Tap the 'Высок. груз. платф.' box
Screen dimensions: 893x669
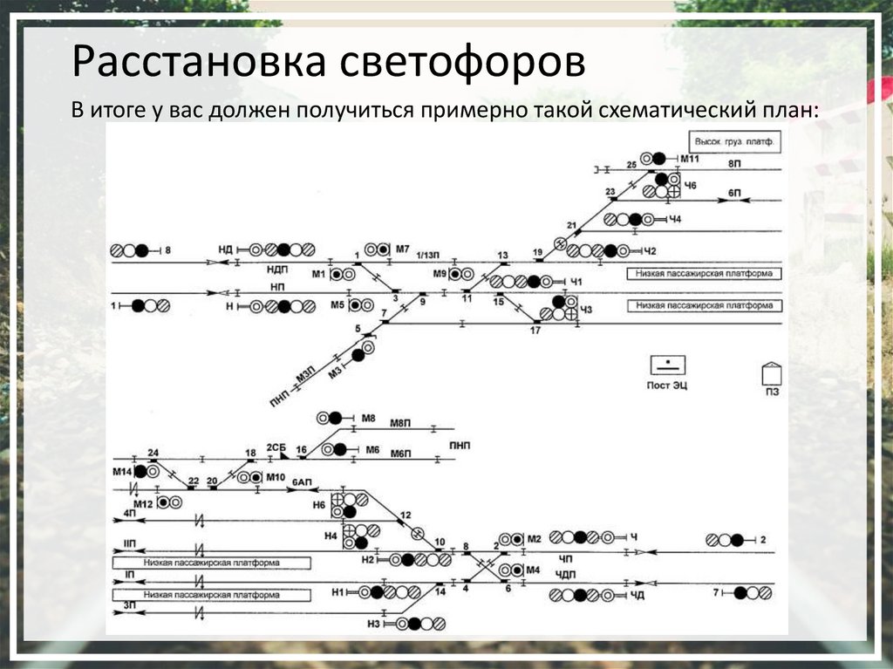point(733,141)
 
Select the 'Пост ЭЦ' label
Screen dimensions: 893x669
point(667,385)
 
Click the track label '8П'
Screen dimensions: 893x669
point(734,164)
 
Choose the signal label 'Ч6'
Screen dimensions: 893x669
point(691,186)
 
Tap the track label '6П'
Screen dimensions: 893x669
point(734,191)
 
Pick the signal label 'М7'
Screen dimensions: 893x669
point(402,249)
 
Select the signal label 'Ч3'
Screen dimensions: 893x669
point(586,310)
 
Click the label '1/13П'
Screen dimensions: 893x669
point(427,254)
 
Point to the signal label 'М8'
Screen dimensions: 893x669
point(369,419)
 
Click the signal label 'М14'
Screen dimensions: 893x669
point(121,471)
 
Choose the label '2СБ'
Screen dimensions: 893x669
point(276,447)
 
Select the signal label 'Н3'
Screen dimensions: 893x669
point(374,623)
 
